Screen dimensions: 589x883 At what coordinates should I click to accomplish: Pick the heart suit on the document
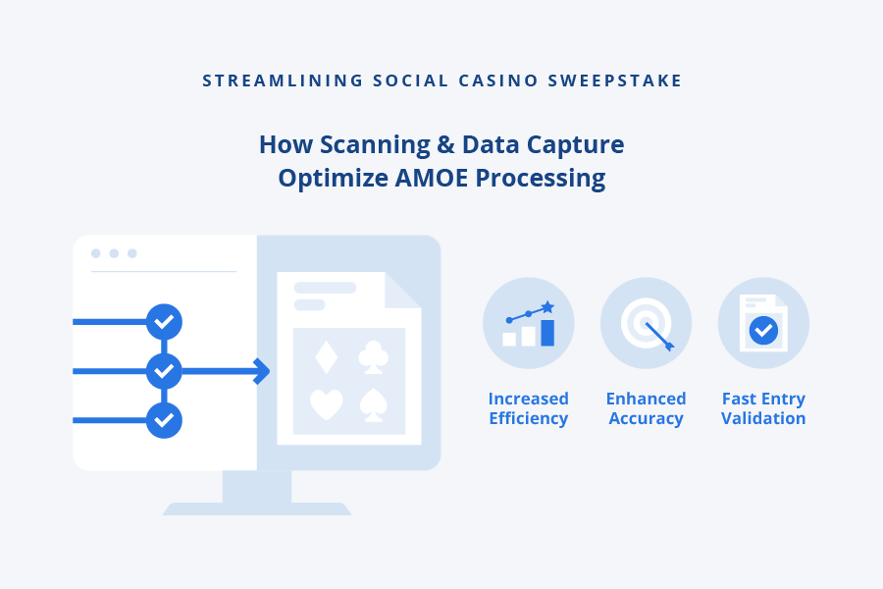tap(326, 404)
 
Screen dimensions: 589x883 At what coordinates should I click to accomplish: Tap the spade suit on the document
tap(373, 404)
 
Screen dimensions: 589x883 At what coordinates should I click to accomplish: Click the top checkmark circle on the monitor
tap(164, 321)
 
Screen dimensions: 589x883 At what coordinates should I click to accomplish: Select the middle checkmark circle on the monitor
tap(164, 371)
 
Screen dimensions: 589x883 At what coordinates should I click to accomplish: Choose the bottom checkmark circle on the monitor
tap(164, 420)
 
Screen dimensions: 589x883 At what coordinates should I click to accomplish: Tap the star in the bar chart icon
tap(547, 307)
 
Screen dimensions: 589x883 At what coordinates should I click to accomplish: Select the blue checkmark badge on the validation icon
tap(763, 331)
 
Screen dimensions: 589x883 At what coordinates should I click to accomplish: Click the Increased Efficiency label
tap(529, 408)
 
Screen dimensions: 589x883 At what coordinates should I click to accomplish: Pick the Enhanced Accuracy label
tap(646, 408)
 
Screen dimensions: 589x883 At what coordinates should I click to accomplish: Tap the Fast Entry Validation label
tap(763, 408)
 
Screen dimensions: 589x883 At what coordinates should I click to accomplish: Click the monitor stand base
tap(257, 509)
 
